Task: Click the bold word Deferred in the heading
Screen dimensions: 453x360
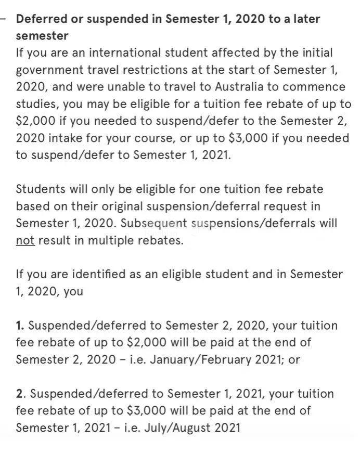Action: coord(41,19)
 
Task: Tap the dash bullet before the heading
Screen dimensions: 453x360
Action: coord(4,19)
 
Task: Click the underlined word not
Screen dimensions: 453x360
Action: coord(25,241)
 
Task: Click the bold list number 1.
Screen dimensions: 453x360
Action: coord(20,326)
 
